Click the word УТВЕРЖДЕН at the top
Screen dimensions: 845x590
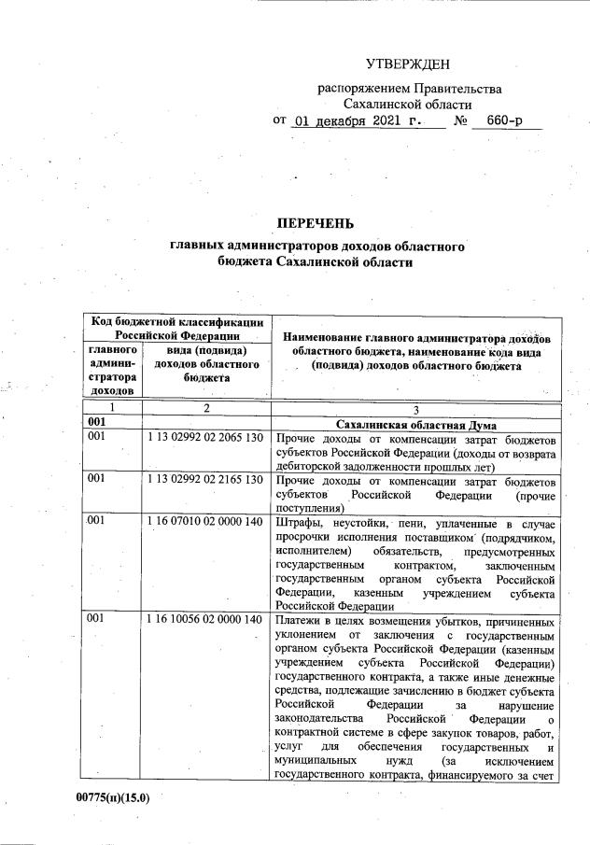[407, 64]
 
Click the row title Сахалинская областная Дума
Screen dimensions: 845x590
[415, 424]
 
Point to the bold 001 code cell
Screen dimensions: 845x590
[95, 424]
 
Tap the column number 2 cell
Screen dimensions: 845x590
[205, 409]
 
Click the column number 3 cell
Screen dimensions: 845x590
[416, 409]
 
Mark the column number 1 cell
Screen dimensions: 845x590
[111, 409]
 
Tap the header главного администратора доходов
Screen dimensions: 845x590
[112, 370]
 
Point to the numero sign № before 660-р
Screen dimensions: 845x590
[460, 121]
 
